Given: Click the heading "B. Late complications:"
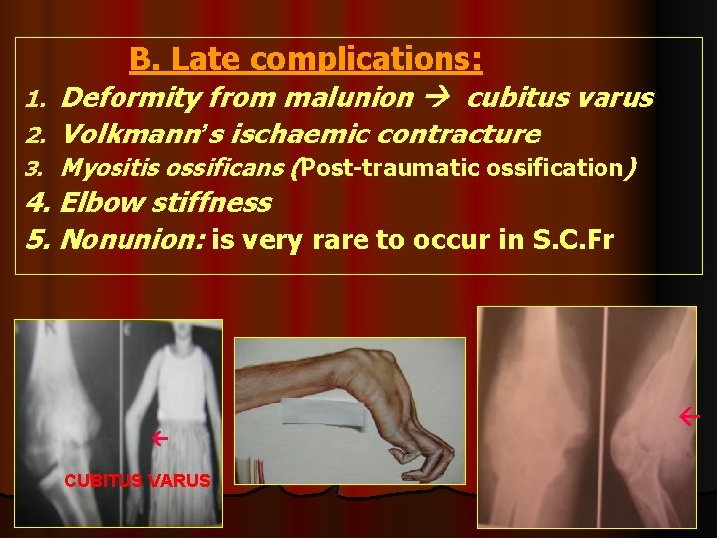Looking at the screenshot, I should pos(306,60).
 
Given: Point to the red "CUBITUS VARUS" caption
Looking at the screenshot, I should pos(137,480).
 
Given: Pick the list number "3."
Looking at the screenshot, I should pos(36,169).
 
